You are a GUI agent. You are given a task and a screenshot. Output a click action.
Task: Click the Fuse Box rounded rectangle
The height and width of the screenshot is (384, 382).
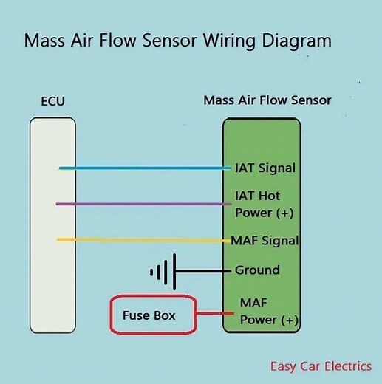[x=153, y=315]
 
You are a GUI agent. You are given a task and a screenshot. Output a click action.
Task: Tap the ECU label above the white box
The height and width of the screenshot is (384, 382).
[x=52, y=100]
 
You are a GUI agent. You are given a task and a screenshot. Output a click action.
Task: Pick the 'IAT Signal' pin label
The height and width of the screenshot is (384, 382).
[x=265, y=168]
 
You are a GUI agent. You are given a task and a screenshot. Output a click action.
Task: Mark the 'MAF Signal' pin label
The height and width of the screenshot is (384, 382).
[x=265, y=240]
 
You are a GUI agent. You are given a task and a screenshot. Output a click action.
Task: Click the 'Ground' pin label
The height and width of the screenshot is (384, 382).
[x=257, y=270]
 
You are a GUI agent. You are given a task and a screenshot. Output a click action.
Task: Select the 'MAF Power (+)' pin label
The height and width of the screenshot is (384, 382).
[x=268, y=312]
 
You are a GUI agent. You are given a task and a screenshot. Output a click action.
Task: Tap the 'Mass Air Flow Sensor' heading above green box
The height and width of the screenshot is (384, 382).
[x=267, y=100]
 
